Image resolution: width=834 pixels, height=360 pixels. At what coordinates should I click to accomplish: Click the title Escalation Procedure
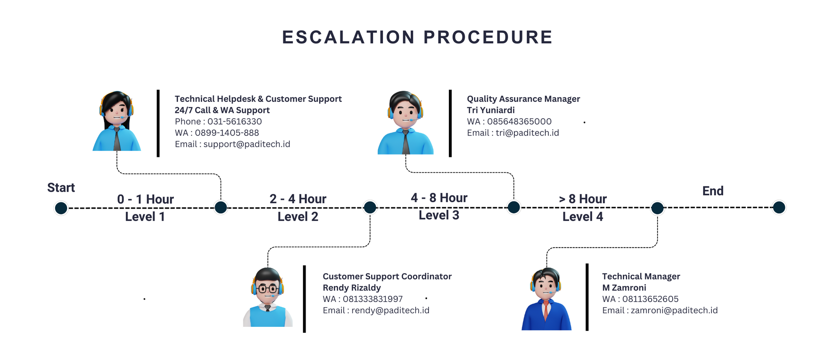coord(417,37)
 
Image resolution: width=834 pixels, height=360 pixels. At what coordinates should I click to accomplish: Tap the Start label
coord(61,188)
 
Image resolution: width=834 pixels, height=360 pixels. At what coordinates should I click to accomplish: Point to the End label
coord(713,191)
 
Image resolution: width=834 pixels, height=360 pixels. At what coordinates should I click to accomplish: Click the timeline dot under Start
coord(61,208)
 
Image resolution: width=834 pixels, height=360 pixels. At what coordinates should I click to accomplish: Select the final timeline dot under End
coord(779,207)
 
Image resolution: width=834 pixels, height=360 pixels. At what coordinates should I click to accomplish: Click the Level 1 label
coord(145,217)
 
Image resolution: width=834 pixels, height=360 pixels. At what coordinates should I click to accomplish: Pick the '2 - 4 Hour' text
coord(298,199)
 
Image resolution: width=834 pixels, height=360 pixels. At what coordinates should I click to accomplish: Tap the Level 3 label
coord(439,215)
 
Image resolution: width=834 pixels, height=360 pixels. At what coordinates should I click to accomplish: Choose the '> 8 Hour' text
coord(582,199)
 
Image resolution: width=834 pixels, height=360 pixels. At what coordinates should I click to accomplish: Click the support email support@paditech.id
coord(247,144)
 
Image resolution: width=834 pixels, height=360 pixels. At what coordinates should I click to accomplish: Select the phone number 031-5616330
coord(234,122)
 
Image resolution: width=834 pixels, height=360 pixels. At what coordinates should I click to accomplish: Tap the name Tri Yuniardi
coord(490,110)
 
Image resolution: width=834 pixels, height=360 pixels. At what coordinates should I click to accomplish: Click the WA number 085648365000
coord(519,122)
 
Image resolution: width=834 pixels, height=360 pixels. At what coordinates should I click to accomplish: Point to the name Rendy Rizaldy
coord(352,288)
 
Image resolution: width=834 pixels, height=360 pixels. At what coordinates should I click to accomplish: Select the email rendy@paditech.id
coord(390,310)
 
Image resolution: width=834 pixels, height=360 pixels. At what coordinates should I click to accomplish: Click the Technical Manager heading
coord(641,276)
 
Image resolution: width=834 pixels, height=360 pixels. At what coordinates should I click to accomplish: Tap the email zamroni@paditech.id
coord(674,310)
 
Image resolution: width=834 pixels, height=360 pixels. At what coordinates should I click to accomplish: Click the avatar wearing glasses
coord(267,297)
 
